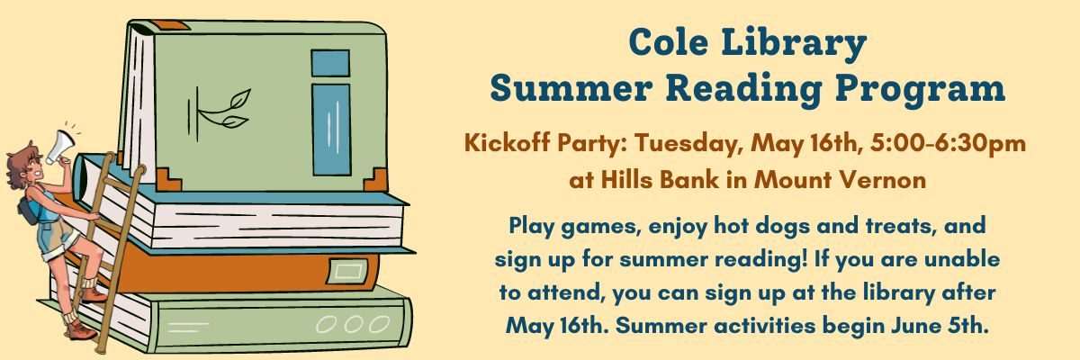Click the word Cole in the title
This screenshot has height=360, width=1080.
pos(668,42)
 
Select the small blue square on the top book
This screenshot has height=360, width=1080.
pos(330,63)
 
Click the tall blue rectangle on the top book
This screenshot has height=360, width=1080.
pos(331,130)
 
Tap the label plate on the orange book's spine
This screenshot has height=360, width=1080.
pos(347,271)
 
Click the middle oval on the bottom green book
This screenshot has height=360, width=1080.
pos(353,324)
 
